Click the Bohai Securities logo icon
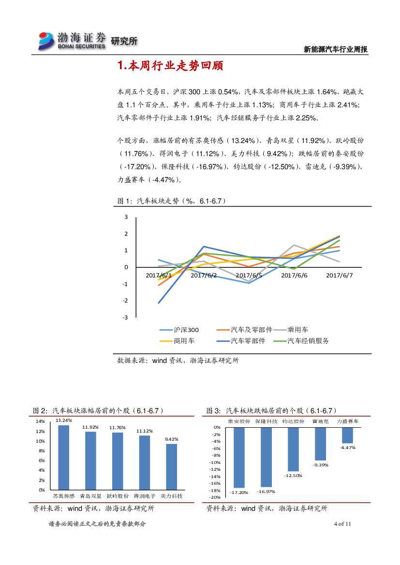(x=47, y=41)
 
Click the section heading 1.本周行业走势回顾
(x=170, y=66)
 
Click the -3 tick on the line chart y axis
(x=126, y=318)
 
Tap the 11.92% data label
(x=90, y=427)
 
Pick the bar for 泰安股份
(x=239, y=457)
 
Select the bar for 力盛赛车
(x=347, y=435)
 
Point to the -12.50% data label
(x=293, y=476)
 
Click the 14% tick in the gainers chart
(x=40, y=421)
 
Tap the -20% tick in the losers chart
(x=215, y=497)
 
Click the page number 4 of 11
(x=342, y=524)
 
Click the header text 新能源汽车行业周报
(x=336, y=49)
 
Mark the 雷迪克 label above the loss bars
(x=320, y=421)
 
